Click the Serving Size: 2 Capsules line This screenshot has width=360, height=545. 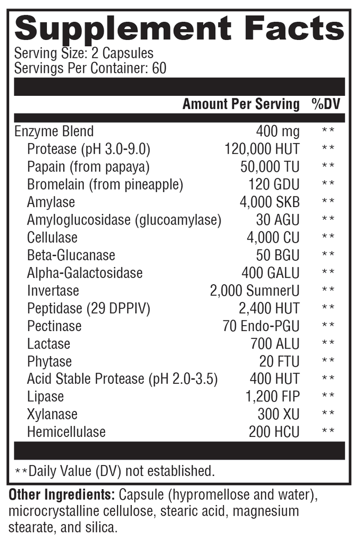tap(84, 54)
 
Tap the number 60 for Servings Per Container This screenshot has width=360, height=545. tap(159, 69)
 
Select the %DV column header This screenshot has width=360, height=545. tap(325, 104)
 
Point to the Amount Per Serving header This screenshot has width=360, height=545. tap(241, 104)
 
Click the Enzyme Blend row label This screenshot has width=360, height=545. tap(54, 131)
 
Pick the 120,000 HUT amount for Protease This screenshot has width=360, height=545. tap(262, 149)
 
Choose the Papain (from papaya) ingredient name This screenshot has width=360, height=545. tap(88, 167)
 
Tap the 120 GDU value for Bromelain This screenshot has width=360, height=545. tap(274, 184)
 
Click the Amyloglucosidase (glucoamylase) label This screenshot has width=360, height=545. tap(124, 220)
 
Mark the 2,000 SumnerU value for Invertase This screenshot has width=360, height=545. tap(255, 291)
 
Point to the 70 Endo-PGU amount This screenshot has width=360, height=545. tap(261, 326)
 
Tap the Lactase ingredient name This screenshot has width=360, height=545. tap(48, 343)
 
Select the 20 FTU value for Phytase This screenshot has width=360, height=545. tap(279, 361)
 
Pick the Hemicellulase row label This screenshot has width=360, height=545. tap(66, 432)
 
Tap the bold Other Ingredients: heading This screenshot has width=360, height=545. tap(62, 495)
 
